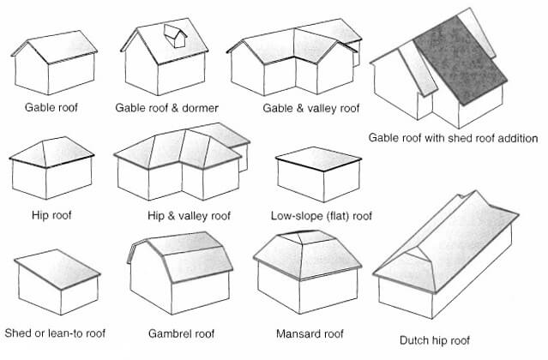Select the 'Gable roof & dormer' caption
[166, 108]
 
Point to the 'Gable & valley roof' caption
[298, 108]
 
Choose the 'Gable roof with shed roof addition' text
[452, 137]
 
